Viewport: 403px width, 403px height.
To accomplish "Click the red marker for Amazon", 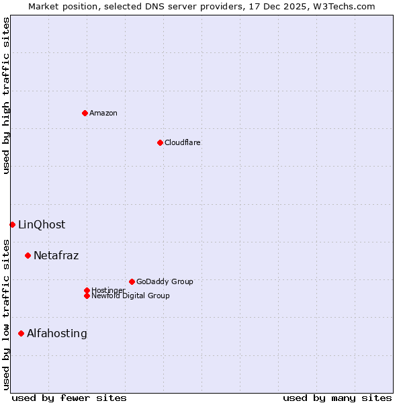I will tap(85, 113).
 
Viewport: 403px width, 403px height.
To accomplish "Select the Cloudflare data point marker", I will tap(160, 142).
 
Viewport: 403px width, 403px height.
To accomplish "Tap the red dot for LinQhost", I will tap(12, 224).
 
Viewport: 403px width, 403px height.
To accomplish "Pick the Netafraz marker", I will tap(28, 255).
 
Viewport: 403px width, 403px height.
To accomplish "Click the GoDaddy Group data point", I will tap(132, 281).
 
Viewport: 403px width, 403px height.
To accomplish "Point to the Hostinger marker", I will tap(87, 290).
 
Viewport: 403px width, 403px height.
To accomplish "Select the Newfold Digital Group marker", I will tap(87, 296).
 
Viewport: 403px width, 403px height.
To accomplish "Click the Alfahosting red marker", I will tap(21, 333).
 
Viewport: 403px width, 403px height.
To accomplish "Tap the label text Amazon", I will tap(103, 113).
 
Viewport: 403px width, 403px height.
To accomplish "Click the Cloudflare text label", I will tap(182, 142).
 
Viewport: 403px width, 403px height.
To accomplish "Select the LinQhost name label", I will tap(42, 224).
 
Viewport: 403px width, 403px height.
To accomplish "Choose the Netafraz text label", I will tap(56, 255).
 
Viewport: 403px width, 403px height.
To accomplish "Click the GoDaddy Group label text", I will tap(165, 281).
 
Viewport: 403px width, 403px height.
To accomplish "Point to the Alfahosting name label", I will tap(56, 333).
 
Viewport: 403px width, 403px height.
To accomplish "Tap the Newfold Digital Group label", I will tap(130, 296).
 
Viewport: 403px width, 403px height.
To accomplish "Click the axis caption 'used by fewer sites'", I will tap(69, 398).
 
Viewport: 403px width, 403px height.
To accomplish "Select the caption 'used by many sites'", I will tap(337, 398).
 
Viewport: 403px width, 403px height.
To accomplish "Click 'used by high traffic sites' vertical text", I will tap(6, 95).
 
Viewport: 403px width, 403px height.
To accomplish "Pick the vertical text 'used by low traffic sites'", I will tap(6, 314).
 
